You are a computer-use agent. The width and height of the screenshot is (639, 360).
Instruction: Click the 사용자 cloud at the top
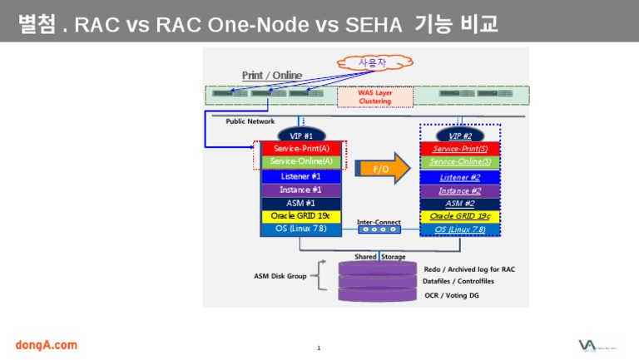pos(367,62)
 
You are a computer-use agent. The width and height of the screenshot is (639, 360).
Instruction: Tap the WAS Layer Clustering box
pos(374,97)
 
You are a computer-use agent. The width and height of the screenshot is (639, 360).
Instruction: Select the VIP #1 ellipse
pos(301,135)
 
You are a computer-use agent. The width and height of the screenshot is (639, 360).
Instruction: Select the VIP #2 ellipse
pos(460,135)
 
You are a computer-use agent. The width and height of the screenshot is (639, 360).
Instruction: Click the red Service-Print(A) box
pos(301,148)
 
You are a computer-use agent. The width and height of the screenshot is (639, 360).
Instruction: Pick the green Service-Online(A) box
pos(301,161)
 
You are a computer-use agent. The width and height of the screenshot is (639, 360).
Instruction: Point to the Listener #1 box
pos(301,176)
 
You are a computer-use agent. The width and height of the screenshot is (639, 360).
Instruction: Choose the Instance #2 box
pos(460,190)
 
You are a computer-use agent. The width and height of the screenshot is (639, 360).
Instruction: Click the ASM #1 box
pos(301,203)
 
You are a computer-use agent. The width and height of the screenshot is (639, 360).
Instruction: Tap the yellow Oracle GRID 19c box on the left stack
pos(301,216)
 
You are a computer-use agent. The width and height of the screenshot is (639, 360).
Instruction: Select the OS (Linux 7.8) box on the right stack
pos(460,229)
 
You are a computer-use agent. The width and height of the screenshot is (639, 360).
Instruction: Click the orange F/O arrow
pos(383,168)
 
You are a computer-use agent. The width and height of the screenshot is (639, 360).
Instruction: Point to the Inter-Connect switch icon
pos(379,230)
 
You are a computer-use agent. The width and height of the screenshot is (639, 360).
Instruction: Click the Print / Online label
pos(272,76)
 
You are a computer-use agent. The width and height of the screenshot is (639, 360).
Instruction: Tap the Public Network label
pos(250,121)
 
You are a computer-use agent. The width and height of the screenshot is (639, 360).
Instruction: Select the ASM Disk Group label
pos(280,276)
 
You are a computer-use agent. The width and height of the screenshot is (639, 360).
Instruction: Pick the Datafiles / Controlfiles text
pos(458,282)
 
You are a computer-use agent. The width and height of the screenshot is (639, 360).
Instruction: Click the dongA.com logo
pos(46,344)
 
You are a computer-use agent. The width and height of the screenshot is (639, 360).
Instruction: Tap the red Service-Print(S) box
pos(460,148)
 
